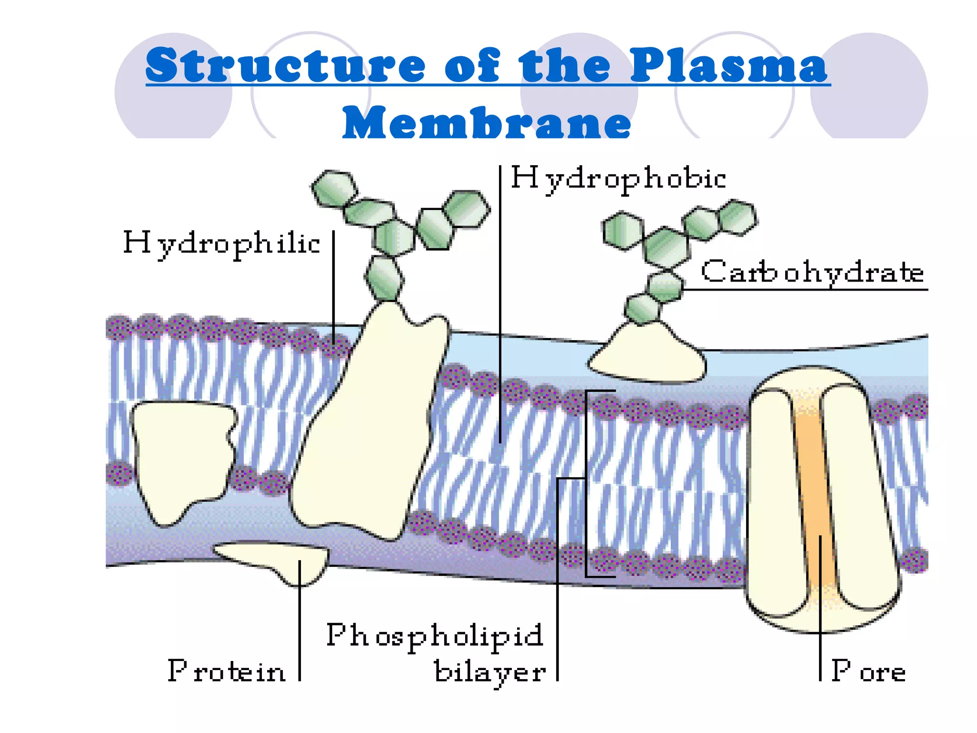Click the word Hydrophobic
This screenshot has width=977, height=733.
(x=618, y=179)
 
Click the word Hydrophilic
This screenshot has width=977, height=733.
(x=221, y=243)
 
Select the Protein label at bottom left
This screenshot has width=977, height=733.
(x=227, y=671)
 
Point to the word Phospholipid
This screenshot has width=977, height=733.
(x=435, y=636)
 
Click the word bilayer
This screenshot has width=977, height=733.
(x=490, y=672)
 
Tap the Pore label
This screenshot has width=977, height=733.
(x=868, y=671)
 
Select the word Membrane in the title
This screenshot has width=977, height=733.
(x=487, y=123)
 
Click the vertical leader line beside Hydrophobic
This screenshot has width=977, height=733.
(x=500, y=305)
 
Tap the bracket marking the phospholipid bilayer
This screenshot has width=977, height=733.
(x=586, y=482)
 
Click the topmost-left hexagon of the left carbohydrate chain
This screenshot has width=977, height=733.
(x=334, y=188)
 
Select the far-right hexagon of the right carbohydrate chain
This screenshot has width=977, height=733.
(x=738, y=218)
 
